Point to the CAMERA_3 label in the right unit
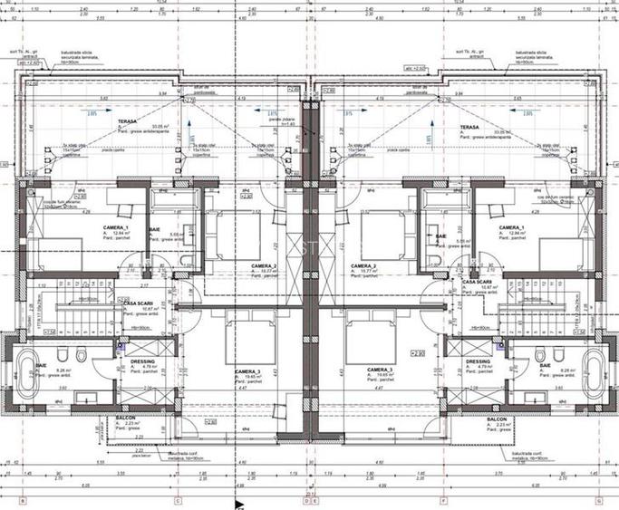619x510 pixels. point(379,371)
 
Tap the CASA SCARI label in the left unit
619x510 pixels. point(138,303)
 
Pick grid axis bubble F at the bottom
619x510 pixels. point(443,499)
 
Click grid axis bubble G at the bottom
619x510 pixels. point(599,499)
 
